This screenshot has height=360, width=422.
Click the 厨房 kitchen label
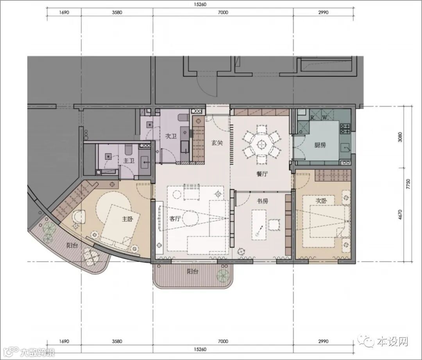point(320,145)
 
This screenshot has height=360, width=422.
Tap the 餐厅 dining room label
point(262,174)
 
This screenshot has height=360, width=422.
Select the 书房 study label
point(263,201)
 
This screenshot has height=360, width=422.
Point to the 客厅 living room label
point(175,219)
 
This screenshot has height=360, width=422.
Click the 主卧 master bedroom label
point(127,219)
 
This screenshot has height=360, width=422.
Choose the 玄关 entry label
point(217,143)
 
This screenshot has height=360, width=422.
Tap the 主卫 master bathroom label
point(129,161)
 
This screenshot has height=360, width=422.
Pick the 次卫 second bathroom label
point(171,136)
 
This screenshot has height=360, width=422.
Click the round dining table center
point(261,144)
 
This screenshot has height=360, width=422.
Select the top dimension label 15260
point(200,4)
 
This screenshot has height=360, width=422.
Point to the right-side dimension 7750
point(408,184)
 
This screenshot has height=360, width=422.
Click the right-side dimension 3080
point(400,137)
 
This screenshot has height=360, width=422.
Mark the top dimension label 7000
point(223,12)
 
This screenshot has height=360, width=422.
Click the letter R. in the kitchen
point(313,118)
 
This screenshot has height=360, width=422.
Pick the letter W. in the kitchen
point(325,118)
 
